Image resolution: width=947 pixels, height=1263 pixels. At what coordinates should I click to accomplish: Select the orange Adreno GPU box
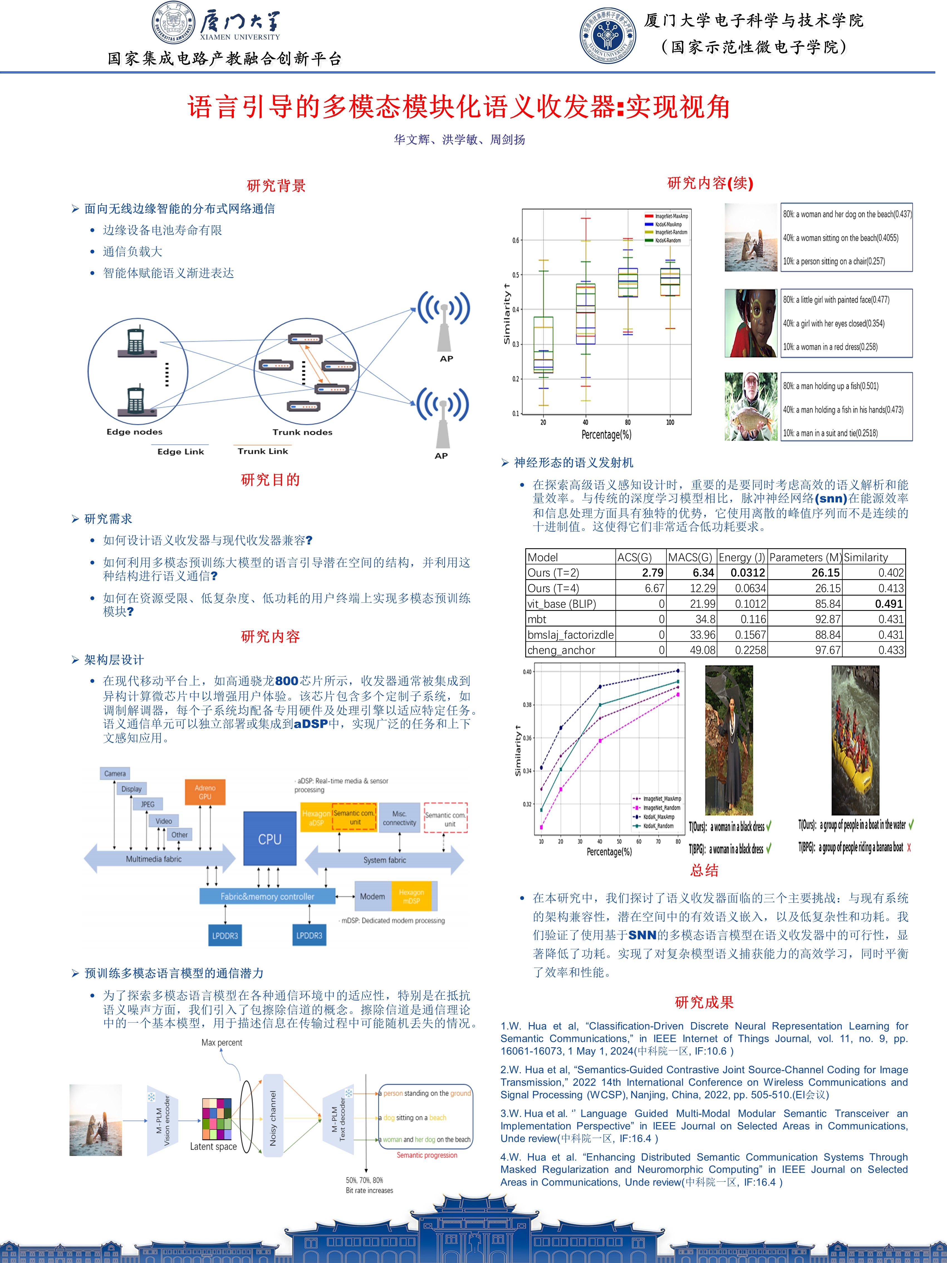205,792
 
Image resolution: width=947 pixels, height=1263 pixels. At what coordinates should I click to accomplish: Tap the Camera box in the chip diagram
115,773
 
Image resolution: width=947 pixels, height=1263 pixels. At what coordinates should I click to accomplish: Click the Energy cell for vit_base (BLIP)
742,604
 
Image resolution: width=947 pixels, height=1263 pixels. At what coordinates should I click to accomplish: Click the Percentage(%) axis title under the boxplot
606,435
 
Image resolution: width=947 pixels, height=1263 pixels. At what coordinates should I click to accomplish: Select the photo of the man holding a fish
751,407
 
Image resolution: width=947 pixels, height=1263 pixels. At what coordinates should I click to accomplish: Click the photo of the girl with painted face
751,323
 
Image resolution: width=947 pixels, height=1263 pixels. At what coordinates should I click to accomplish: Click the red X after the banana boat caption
909,848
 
